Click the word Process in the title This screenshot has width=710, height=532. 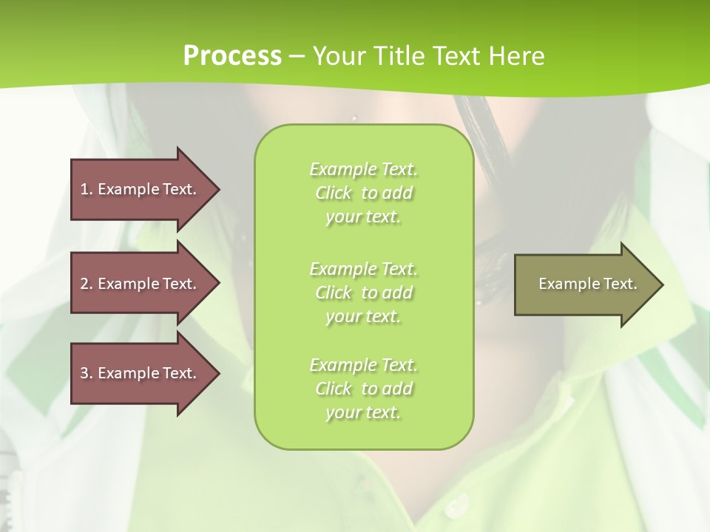point(232,56)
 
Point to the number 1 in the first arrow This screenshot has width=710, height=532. point(84,189)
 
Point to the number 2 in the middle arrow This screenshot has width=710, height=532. point(84,284)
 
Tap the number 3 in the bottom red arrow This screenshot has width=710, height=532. point(84,373)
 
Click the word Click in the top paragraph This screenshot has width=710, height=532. point(334,194)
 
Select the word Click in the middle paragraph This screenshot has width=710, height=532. point(334,293)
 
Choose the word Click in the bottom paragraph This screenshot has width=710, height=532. point(334,389)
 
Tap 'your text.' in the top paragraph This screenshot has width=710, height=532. point(363,217)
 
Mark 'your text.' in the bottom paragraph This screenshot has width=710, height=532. point(363,412)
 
